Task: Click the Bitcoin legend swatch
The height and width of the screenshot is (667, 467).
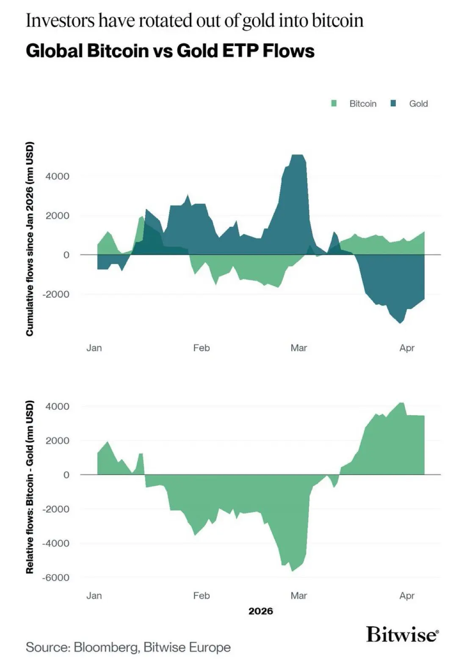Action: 334,104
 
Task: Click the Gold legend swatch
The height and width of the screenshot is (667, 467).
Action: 393,104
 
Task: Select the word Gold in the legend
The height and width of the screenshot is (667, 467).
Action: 418,104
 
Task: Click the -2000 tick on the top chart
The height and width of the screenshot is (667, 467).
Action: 55,294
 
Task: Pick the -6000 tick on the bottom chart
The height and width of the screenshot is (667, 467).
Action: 55,578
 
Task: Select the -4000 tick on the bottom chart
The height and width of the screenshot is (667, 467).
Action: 55,543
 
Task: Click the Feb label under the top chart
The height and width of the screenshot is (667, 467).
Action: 201,348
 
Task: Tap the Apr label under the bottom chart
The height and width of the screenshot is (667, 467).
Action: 407,596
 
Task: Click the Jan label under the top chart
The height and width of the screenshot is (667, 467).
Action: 94,348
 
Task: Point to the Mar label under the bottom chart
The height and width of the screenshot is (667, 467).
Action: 298,596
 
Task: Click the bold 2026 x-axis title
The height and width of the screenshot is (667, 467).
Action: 261,611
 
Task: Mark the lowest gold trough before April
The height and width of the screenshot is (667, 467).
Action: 400,323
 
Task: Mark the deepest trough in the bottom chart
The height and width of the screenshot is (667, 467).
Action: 292,571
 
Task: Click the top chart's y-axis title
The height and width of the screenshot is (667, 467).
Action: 30,239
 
